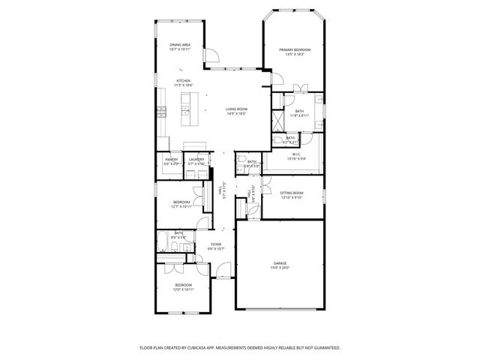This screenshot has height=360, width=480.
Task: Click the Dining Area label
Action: click(179, 45)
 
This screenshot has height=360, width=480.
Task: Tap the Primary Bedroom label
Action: click(294, 49)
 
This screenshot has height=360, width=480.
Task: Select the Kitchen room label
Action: click(183, 81)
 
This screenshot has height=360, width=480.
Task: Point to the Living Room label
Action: click(237, 109)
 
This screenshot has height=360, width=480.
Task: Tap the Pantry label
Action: click(172, 159)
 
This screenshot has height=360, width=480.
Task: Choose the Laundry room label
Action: click(196, 159)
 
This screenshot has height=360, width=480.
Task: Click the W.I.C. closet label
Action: click(296, 154)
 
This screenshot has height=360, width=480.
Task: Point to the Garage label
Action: click(280, 263)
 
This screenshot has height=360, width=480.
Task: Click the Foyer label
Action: click(216, 244)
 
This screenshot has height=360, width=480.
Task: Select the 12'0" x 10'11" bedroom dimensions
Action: click(184, 289)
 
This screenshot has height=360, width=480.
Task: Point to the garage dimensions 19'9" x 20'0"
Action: click(280, 268)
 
